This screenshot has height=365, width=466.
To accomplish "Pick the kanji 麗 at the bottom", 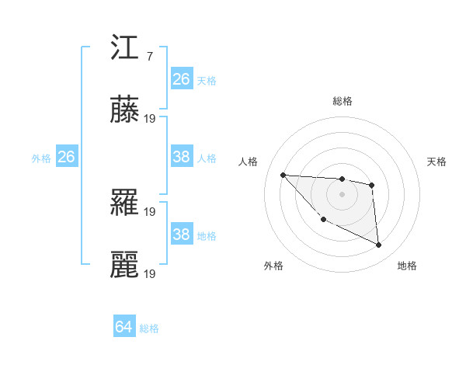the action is click(x=125, y=265).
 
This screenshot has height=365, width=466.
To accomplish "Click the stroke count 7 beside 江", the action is click(x=149, y=57).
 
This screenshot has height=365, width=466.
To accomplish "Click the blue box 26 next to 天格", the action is click(x=182, y=79).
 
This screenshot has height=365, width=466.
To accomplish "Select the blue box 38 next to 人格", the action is click(x=182, y=157).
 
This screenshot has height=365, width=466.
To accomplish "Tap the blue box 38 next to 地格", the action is click(x=182, y=235).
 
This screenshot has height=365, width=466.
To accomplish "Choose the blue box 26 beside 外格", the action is click(x=66, y=157).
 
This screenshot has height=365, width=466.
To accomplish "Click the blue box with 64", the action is click(x=124, y=327).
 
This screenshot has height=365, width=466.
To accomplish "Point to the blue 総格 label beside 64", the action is click(x=149, y=328).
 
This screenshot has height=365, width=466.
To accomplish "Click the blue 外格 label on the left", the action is click(x=41, y=158).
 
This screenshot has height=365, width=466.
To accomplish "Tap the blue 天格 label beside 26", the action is click(x=206, y=80).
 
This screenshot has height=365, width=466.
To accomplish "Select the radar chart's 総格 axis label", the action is click(x=342, y=101).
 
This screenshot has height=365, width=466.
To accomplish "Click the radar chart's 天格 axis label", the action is click(x=436, y=162).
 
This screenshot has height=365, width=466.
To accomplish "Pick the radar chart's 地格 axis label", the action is click(x=407, y=266).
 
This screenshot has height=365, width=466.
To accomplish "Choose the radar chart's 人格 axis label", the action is click(x=249, y=162).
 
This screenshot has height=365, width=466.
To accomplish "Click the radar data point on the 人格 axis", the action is click(x=283, y=175).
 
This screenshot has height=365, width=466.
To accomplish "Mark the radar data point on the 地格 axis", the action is click(x=379, y=245).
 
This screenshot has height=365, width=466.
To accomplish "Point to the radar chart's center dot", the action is click(x=342, y=194).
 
